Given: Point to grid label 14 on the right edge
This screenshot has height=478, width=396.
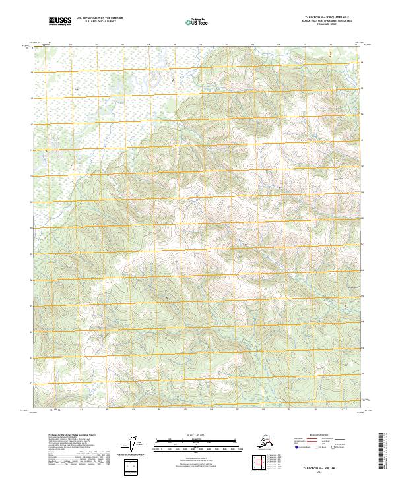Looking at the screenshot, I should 362,63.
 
